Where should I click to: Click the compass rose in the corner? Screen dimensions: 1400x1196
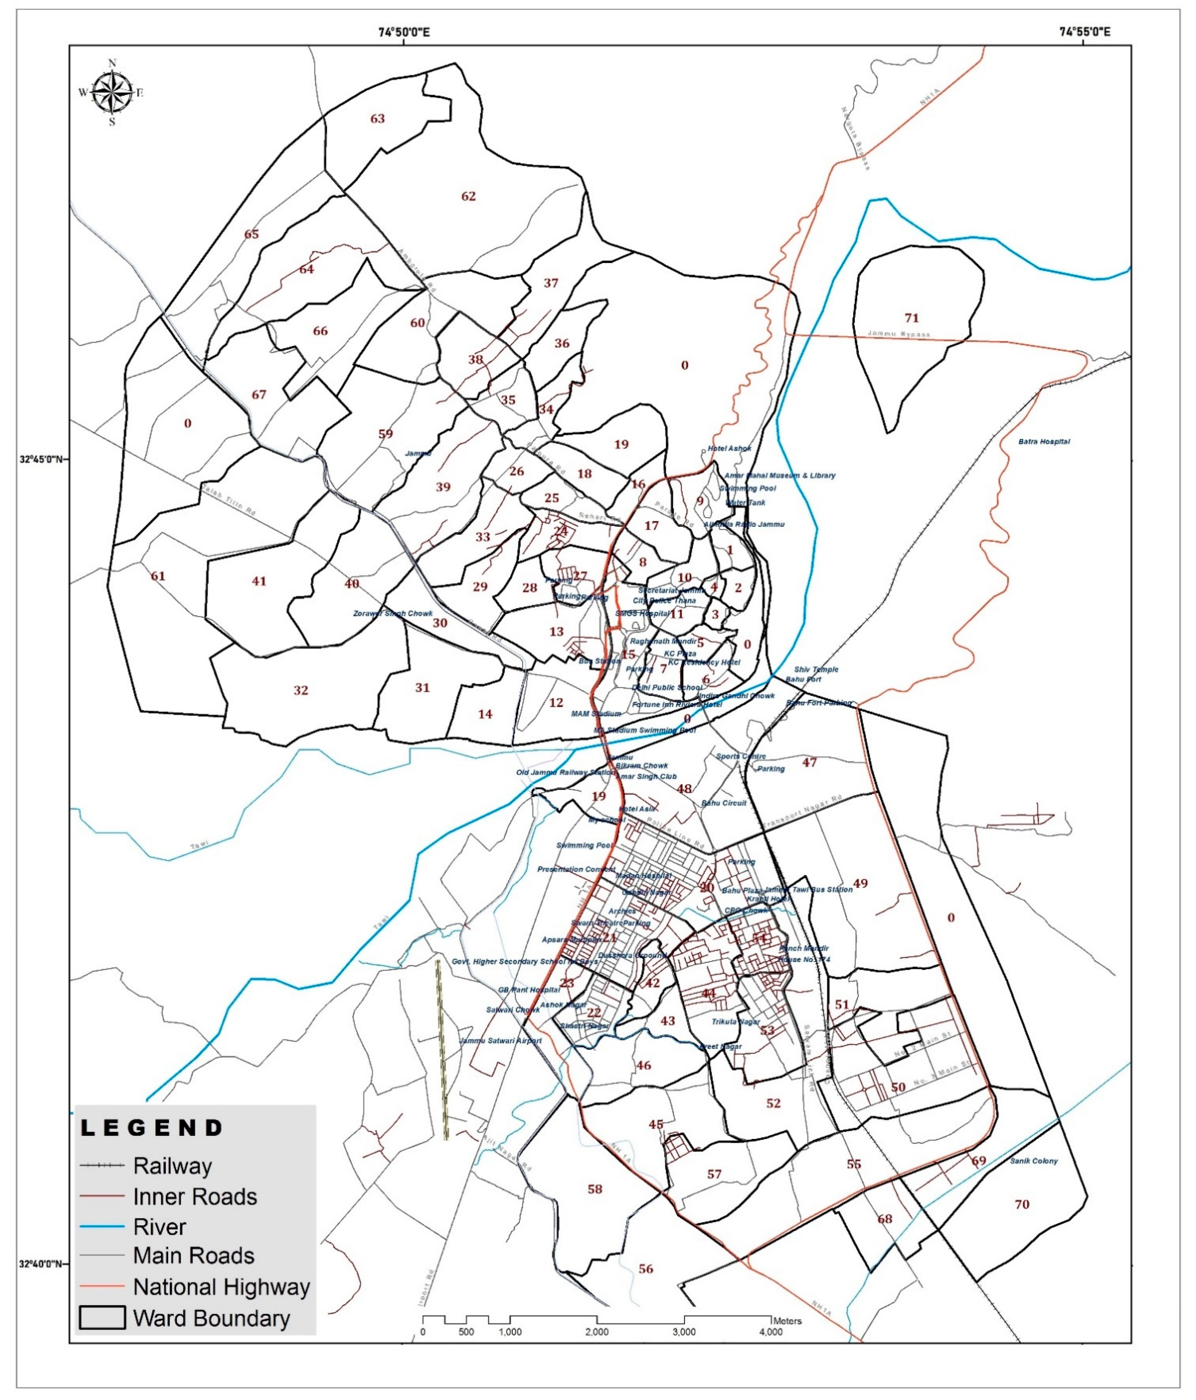(x=112, y=92)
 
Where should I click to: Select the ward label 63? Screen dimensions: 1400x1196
(x=377, y=119)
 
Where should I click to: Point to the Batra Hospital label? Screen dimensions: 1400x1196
(x=1044, y=442)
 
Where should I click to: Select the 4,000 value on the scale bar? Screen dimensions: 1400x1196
(x=771, y=1333)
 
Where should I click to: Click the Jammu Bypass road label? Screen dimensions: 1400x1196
(x=899, y=334)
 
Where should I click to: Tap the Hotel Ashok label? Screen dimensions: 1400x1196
(x=729, y=449)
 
